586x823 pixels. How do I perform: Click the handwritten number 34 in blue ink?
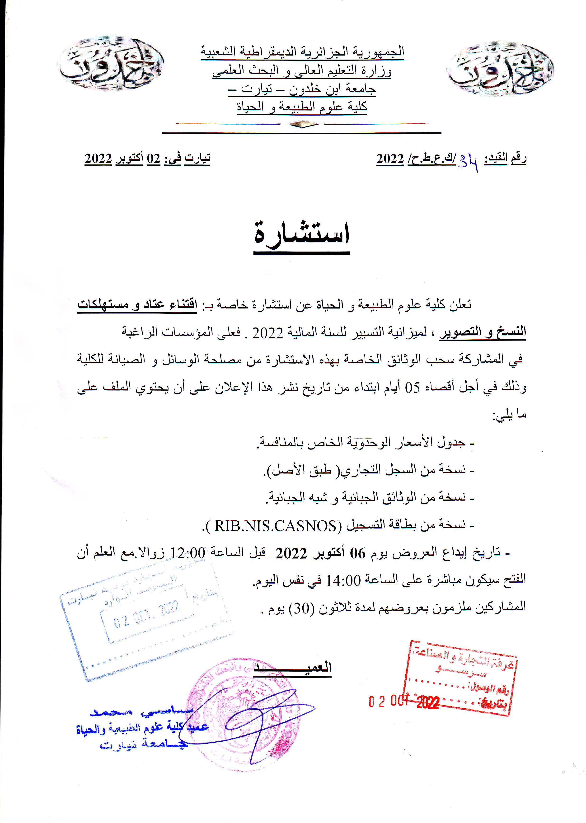coord(468,164)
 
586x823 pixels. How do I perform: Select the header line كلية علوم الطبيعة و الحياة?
coord(302,107)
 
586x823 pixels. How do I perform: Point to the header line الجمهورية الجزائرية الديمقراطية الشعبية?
coord(302,51)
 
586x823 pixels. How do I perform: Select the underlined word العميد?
coord(292,667)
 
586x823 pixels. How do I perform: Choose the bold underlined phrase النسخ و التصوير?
coord(483,332)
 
